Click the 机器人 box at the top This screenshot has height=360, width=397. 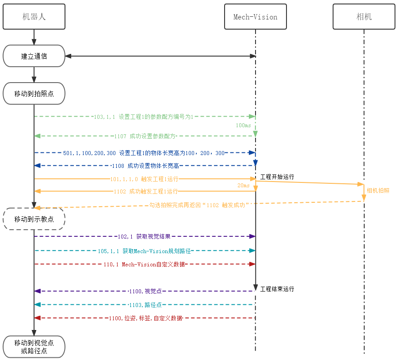pyautogui.click(x=34, y=17)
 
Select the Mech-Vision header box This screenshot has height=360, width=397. pyautogui.click(x=255, y=17)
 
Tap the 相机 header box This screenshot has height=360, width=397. pyautogui.click(x=364, y=17)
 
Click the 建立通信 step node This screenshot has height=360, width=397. pyautogui.click(x=34, y=56)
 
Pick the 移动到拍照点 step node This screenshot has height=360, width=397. pyautogui.click(x=34, y=94)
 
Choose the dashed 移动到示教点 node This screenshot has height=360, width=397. pyautogui.click(x=34, y=219)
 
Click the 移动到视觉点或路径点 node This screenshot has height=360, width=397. pyautogui.click(x=34, y=347)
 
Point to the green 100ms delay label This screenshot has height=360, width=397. pyautogui.click(x=243, y=125)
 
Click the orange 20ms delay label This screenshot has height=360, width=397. pyautogui.click(x=244, y=186)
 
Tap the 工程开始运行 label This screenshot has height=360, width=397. pyautogui.click(x=277, y=177)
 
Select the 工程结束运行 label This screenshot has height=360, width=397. pyautogui.click(x=277, y=289)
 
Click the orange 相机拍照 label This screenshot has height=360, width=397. pyautogui.click(x=378, y=190)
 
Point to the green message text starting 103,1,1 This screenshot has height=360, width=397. pyautogui.click(x=144, y=117)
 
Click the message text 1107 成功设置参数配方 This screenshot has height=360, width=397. pyautogui.click(x=145, y=136)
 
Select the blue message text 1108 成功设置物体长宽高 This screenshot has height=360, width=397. pyautogui.click(x=146, y=166)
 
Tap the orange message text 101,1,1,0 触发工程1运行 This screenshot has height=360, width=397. pyautogui.click(x=144, y=179)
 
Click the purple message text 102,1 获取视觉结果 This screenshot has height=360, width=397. pyautogui.click(x=144, y=237)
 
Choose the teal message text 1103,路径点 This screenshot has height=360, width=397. pyautogui.click(x=145, y=305)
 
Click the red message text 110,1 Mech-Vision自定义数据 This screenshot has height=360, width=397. pyautogui.click(x=144, y=264)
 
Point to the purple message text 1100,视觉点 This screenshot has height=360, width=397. pyautogui.click(x=145, y=292)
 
